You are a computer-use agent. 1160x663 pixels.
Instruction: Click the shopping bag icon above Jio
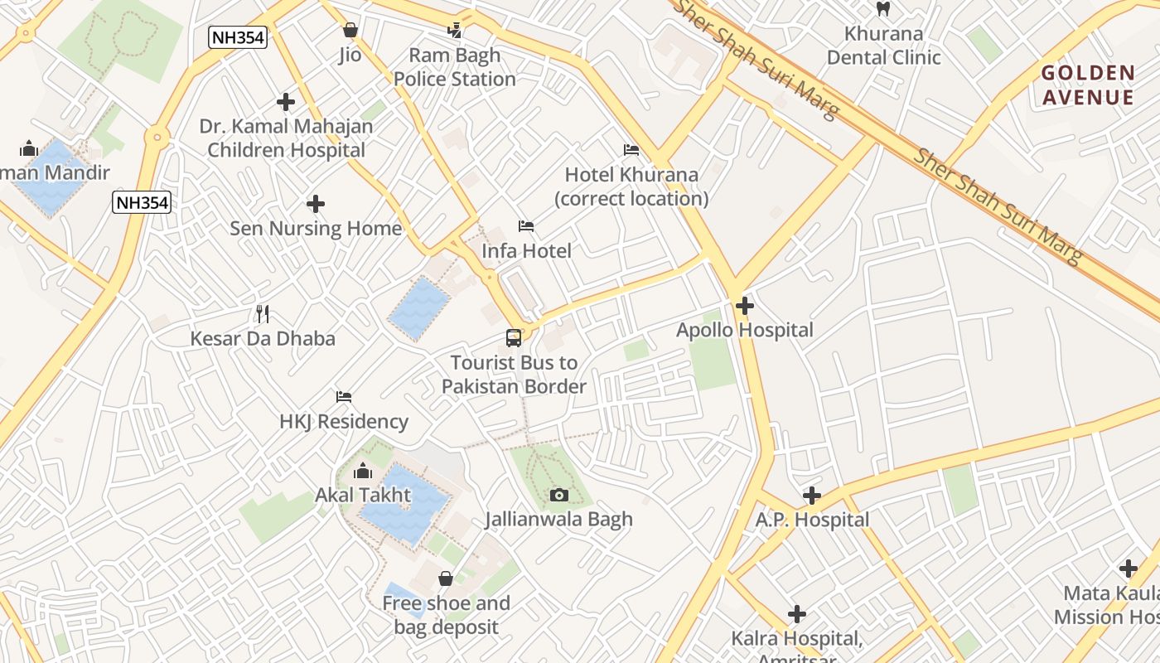pos(350,31)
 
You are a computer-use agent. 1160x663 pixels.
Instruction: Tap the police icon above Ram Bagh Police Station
pos(454,31)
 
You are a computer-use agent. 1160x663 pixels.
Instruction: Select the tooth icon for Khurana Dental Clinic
pos(883,9)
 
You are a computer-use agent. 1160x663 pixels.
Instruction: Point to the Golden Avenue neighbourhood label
pos(1087,85)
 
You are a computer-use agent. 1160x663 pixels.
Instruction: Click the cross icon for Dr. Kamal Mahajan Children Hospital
pos(286,102)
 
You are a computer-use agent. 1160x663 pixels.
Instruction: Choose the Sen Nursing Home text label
pos(315,228)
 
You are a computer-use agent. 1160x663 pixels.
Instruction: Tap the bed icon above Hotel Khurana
pos(631,150)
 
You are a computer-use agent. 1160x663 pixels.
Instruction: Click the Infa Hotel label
pos(526,250)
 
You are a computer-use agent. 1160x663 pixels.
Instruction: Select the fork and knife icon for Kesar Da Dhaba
pos(263,313)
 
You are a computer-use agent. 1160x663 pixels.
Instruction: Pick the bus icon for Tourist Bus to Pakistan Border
pos(514,338)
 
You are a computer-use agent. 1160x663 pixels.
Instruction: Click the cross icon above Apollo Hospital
pos(745,305)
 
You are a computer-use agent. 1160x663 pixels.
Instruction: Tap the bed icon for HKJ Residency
pos(344,397)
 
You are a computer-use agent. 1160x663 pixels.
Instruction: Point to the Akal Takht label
pos(363,495)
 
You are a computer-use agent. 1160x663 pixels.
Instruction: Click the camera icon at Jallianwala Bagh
pos(559,495)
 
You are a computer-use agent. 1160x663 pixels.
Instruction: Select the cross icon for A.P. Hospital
pos(812,496)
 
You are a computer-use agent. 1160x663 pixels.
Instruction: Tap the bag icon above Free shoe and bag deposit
pos(446,578)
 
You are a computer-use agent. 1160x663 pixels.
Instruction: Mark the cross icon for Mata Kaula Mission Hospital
pos(1128,569)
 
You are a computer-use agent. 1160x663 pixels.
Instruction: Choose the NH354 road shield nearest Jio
pos(237,37)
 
